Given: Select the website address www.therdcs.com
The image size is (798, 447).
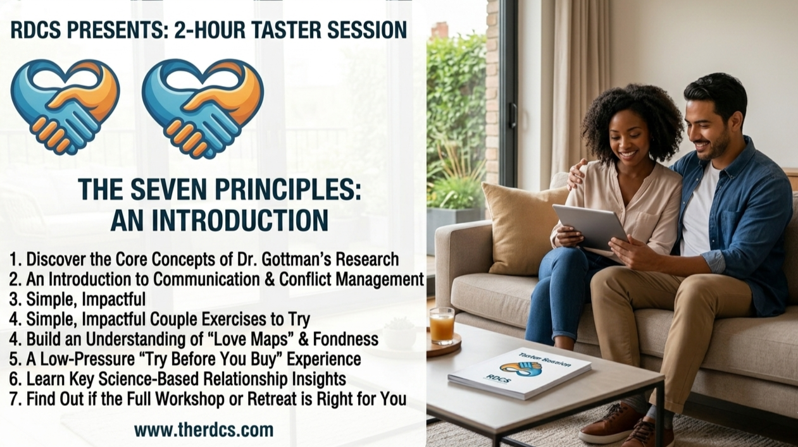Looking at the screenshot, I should coord(204,430).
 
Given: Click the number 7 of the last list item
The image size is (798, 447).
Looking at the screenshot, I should coord(14,400).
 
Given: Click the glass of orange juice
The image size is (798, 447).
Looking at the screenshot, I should coord(442,326).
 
